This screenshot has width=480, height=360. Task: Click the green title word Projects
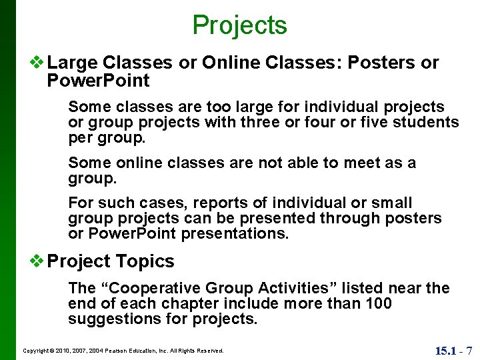coord(239,25)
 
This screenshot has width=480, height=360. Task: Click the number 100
coord(378,304)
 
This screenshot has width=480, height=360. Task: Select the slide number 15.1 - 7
coord(453,350)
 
